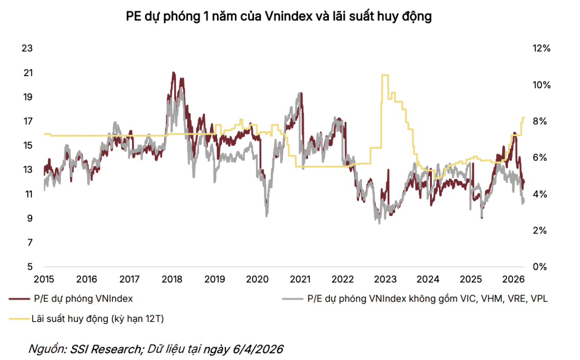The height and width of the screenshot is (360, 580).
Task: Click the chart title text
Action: coord(278,17)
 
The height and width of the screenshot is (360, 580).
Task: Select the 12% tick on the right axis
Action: coord(541,49)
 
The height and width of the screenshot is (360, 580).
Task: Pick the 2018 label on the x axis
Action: coord(173,278)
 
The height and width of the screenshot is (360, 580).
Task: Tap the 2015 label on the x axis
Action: coord(44,278)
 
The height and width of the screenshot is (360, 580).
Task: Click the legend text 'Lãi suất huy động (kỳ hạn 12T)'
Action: coord(97,319)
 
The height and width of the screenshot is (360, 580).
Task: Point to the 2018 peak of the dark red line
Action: coord(173,73)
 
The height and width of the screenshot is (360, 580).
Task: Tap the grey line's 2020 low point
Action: coord(266,215)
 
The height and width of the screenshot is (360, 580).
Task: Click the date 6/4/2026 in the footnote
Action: coord(263,349)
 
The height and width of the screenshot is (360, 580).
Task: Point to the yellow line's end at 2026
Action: coord(524,117)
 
